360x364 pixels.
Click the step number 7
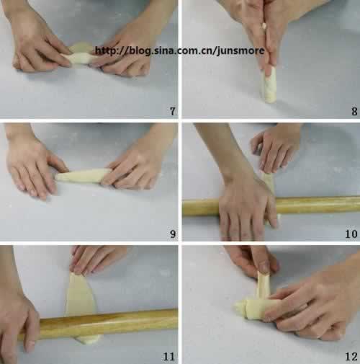pos(173,111)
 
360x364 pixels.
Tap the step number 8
pos(354,111)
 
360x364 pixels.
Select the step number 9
pos(173,234)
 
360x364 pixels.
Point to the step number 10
pos(351,234)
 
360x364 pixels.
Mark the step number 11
pos(169,357)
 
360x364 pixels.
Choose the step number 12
pos(351,357)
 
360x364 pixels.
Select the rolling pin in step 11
pos(108,323)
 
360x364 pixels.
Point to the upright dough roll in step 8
pos(269,84)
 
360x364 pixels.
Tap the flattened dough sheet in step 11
pos(81,294)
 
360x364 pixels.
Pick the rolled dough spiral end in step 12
pos(243,308)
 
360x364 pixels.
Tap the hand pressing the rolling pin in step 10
pos(247,207)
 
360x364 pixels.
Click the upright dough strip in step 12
pos(264,286)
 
